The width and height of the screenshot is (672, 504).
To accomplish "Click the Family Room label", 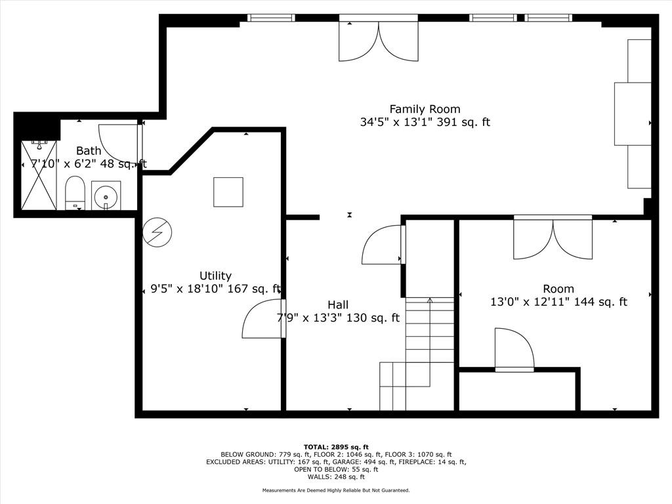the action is point(425,110).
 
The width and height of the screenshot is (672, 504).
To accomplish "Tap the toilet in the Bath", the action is point(75,193).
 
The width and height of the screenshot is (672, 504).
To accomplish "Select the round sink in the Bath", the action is point(106,196).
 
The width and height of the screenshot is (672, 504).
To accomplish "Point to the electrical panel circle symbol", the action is point(157,232).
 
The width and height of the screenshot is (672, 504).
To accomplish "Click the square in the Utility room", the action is point(228,192).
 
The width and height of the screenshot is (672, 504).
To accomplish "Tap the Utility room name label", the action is point(215,276).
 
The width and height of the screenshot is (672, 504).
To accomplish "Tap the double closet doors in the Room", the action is point(553,239).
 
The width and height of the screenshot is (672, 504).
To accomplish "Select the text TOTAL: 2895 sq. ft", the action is point(336,447).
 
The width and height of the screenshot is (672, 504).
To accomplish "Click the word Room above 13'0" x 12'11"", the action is point(558,289).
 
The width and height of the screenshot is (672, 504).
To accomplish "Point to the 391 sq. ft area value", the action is point(463,122).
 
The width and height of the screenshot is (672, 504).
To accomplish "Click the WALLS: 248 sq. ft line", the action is point(336,476).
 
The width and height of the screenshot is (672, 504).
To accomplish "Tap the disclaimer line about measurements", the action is point(336,490).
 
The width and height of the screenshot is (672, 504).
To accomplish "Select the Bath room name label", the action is point(89,151).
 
